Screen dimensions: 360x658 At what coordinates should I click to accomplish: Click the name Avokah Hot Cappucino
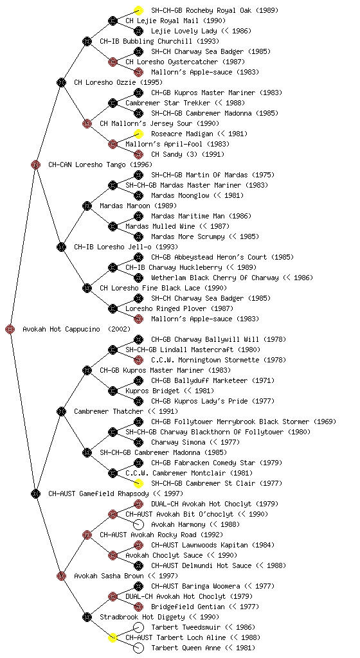(61, 330)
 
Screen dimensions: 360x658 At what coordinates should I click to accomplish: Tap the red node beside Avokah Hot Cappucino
(10, 330)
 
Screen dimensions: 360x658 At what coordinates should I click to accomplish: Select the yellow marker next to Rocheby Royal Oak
(138, 10)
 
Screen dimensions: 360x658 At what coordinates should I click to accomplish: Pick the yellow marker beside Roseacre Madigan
(138, 134)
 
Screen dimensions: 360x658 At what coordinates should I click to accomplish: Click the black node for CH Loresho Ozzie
(61, 82)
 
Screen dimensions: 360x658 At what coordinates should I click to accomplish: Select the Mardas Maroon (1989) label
(138, 206)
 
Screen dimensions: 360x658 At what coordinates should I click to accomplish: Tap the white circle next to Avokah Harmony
(138, 524)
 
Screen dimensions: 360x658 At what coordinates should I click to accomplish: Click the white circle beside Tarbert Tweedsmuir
(138, 627)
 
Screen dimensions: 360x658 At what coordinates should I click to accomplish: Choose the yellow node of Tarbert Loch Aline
(113, 638)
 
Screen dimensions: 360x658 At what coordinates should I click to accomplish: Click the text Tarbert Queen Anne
(186, 648)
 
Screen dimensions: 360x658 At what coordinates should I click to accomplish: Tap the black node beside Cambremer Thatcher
(61, 411)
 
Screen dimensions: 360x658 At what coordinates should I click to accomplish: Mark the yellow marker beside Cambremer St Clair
(138, 483)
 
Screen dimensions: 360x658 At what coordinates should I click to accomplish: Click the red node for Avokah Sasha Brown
(61, 576)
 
